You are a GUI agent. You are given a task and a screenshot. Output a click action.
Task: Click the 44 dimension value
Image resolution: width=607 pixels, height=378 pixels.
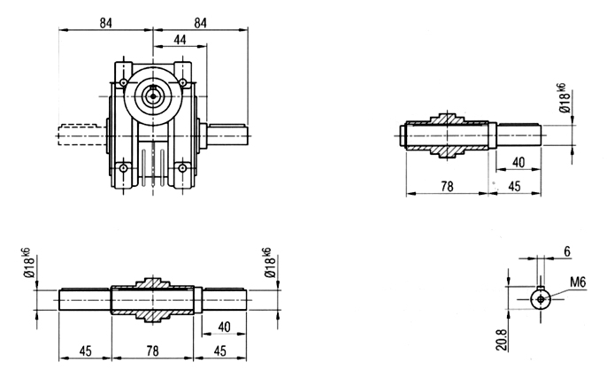(x=180, y=40)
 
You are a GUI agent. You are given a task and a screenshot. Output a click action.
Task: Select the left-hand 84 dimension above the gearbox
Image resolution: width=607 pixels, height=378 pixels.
(x=105, y=23)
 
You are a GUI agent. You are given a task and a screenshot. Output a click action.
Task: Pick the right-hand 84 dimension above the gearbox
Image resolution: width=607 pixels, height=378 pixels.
(x=200, y=23)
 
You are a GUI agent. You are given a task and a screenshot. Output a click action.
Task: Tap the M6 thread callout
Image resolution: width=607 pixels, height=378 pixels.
(x=578, y=282)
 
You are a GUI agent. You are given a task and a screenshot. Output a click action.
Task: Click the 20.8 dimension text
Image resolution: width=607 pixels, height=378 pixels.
(x=502, y=339)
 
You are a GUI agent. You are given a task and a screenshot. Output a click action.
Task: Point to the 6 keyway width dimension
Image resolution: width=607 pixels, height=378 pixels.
(x=567, y=251)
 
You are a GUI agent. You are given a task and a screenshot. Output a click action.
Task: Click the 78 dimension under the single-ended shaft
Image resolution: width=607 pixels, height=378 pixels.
(x=447, y=187)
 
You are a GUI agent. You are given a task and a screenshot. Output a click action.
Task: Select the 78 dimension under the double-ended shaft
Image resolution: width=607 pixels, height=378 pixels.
(x=152, y=351)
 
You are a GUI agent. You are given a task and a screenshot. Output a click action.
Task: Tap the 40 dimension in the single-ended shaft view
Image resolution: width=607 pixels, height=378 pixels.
(x=518, y=163)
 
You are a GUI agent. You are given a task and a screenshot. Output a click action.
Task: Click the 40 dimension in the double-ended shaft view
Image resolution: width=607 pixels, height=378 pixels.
(x=224, y=328)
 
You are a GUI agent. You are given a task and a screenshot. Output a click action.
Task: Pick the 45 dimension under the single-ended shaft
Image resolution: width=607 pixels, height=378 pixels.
(x=514, y=187)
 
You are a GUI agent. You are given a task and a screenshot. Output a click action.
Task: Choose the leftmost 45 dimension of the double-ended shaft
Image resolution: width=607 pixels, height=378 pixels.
(x=85, y=351)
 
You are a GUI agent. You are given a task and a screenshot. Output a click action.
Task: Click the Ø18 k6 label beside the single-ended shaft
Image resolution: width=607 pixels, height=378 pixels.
(x=565, y=98)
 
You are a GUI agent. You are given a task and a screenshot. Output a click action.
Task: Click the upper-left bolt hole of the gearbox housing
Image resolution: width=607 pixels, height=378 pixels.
(x=123, y=82)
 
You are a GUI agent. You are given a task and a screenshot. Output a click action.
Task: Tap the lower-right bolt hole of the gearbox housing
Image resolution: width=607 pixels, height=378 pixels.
(x=182, y=168)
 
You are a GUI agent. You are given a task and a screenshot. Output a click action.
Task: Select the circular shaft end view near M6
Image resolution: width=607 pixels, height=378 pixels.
(x=541, y=298)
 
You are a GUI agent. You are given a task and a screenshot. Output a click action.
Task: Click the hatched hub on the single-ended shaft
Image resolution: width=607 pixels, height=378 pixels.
(x=447, y=135)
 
